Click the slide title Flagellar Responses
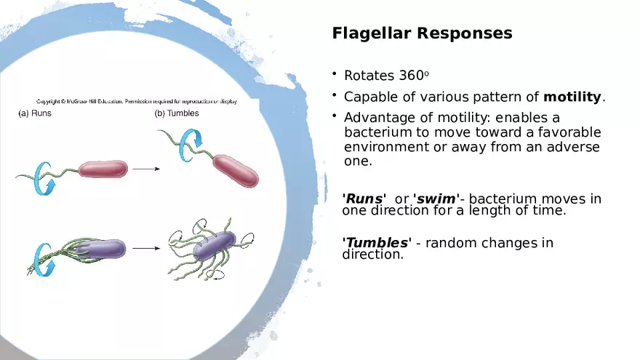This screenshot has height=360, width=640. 422,33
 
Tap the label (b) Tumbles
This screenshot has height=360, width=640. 177,113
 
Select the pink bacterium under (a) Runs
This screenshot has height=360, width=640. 103,169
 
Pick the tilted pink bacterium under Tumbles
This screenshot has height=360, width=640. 236,169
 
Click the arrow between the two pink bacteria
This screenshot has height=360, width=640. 146,169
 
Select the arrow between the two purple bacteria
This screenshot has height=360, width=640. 146,249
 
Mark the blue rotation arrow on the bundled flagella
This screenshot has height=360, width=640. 42,258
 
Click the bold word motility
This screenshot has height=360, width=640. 573,97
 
